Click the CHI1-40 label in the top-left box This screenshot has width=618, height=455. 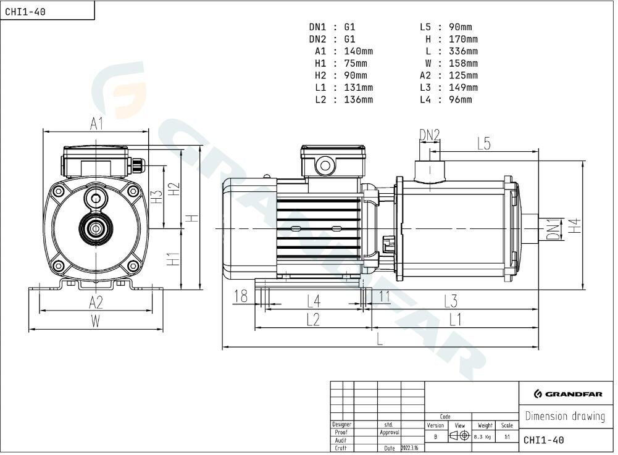point(25,12)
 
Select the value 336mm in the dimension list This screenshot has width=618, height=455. point(463,51)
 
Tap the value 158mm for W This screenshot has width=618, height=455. point(463,64)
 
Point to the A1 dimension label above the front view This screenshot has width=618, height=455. point(96,124)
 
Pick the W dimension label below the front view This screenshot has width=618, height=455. point(95,321)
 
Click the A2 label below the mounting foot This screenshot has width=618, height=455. point(96,303)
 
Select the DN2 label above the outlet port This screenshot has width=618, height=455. point(429,135)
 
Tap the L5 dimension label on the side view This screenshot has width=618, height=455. point(483,143)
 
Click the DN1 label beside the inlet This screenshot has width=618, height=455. point(553,230)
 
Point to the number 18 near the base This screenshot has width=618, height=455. point(241,296)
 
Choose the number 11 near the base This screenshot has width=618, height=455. point(384,296)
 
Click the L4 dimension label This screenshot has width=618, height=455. point(314,302)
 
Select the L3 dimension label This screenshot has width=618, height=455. point(451,302)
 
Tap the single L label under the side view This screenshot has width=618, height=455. point(380,339)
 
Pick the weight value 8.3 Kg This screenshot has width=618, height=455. point(482,437)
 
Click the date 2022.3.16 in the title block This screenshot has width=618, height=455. point(409,448)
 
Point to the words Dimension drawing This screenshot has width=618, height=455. point(565,416)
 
